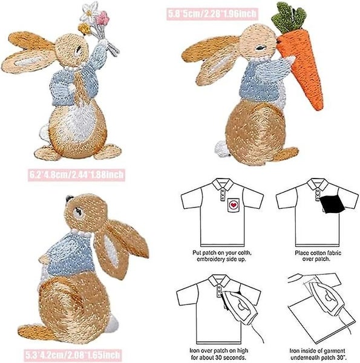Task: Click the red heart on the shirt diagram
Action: [x=232, y=205]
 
